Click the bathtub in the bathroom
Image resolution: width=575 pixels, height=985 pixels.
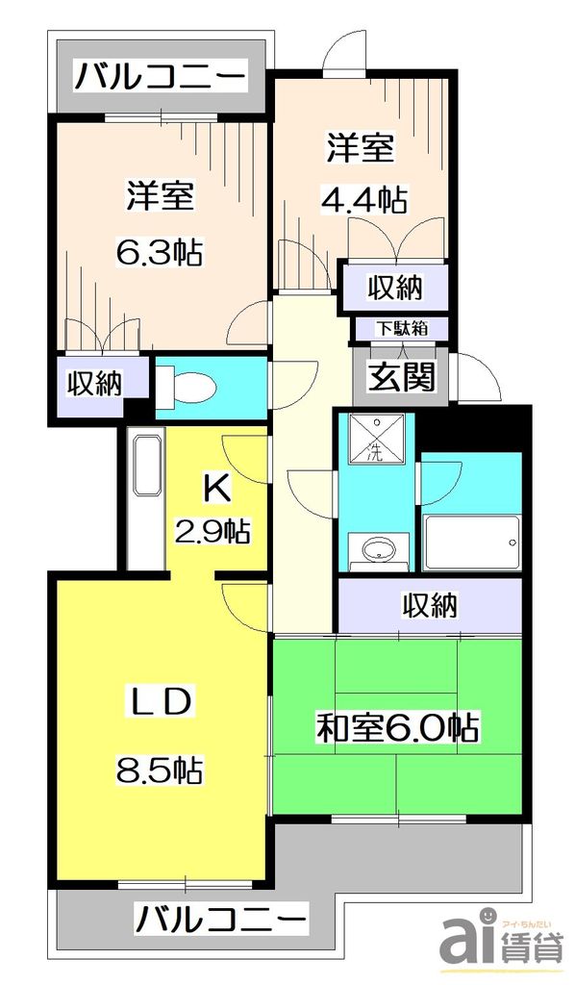tap(471, 544)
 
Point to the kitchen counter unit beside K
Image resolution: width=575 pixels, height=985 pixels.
tap(144, 500)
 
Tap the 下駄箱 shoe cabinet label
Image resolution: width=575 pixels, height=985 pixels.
tap(401, 328)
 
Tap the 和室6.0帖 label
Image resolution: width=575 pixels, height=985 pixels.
tap(397, 728)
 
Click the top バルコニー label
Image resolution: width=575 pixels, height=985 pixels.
tap(161, 75)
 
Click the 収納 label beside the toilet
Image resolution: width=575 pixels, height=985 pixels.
tap(94, 383)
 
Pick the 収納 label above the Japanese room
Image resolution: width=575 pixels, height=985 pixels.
tap(429, 607)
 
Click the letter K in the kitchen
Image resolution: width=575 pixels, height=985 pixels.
tap(216, 490)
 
